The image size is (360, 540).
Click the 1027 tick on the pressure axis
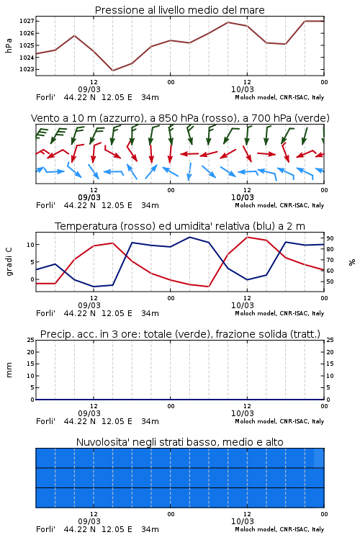(26, 22)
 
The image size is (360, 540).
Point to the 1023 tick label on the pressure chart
(26, 69)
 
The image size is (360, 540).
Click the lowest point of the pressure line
(112, 71)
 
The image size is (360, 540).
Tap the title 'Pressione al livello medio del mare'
(180, 10)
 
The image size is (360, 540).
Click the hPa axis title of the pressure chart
(9, 45)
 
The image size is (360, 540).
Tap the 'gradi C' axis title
(9, 262)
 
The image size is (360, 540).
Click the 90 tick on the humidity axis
(330, 238)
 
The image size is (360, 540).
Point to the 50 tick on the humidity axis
(330, 282)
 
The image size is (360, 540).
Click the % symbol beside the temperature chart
(352, 262)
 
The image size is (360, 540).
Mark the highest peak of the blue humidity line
(189, 237)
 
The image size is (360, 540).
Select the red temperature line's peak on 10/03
(247, 237)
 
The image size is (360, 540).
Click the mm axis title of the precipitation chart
(9, 370)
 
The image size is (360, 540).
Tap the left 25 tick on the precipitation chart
(30, 340)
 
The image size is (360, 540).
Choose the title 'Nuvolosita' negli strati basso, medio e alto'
(180, 442)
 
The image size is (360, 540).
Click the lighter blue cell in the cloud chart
(319, 458)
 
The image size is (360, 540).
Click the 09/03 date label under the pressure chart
(89, 89)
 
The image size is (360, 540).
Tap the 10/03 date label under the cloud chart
(242, 521)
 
